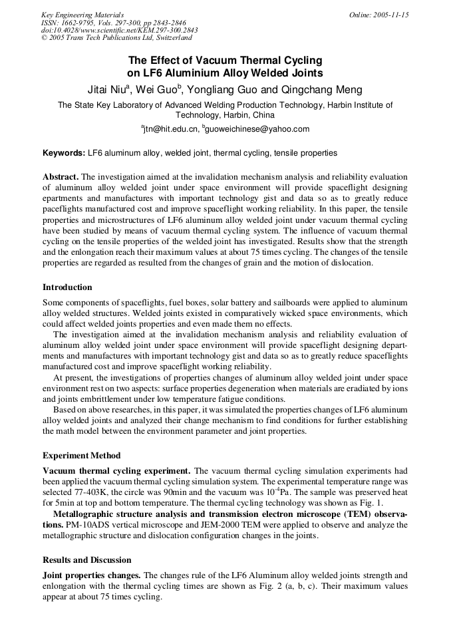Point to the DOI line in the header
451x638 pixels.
tap(119, 31)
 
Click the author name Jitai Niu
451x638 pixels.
tap(112, 90)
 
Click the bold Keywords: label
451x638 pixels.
tap(64, 153)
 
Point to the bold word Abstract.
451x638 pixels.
tap(61, 177)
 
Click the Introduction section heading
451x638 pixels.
tap(67, 287)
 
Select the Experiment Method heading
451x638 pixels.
tap(81, 456)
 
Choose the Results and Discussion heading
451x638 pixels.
tap(86, 560)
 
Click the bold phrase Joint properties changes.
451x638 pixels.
tap(91, 575)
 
